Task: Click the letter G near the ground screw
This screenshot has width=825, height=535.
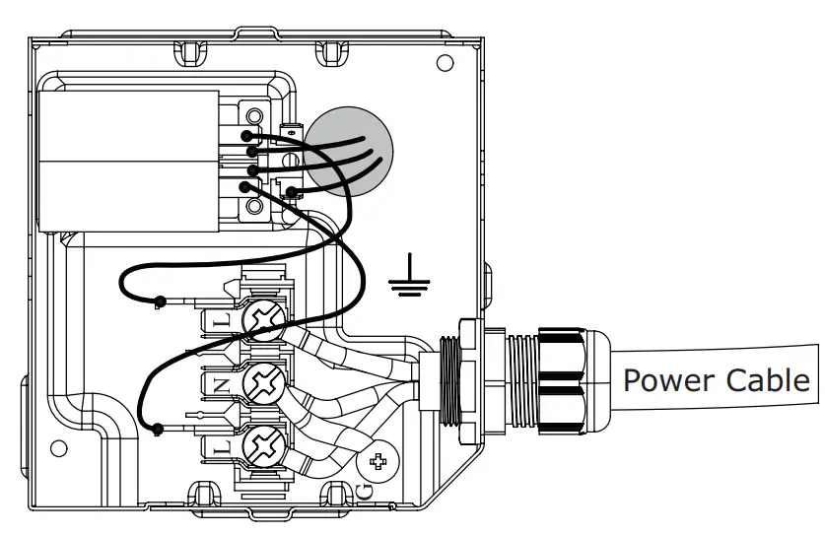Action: pyautogui.click(x=365, y=489)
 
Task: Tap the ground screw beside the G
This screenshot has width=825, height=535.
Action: pyautogui.click(x=378, y=459)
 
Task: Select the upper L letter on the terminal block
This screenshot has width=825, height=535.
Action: pyautogui.click(x=221, y=320)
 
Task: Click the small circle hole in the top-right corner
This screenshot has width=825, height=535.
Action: pyautogui.click(x=445, y=64)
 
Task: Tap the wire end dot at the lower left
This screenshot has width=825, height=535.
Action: pyautogui.click(x=158, y=428)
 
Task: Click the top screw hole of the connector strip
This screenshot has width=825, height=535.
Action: pyautogui.click(x=254, y=116)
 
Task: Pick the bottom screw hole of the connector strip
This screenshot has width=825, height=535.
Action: pyautogui.click(x=254, y=206)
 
